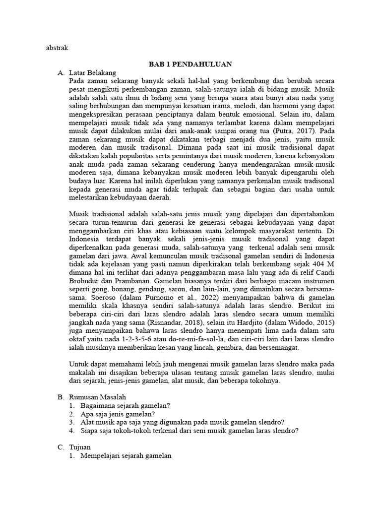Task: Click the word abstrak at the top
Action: [56, 49]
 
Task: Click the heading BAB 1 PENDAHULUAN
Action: [191, 64]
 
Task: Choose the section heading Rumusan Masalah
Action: [98, 397]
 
